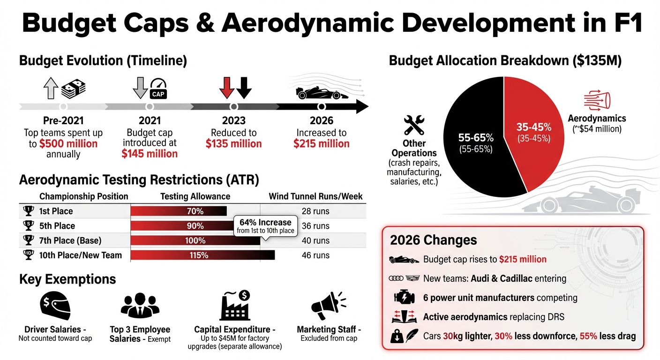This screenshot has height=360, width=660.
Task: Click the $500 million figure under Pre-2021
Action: click(68, 143)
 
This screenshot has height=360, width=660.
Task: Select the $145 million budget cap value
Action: click(150, 154)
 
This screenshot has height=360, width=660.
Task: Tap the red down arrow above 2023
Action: click(226, 87)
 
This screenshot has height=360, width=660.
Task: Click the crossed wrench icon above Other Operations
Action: click(414, 125)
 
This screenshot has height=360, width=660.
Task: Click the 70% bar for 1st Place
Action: click(179, 211)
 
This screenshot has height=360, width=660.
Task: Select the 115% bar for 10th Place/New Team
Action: click(202, 255)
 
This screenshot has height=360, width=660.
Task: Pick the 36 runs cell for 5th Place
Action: click(315, 226)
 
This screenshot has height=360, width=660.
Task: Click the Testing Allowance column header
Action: click(195, 196)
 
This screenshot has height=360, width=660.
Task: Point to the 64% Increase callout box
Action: click(265, 225)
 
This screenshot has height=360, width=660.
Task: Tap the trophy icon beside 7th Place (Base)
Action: click(29, 240)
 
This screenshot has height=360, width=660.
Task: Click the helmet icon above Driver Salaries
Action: click(55, 306)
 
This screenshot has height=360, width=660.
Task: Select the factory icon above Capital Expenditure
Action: click(234, 305)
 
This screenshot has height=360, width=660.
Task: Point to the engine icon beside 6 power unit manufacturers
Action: click(404, 298)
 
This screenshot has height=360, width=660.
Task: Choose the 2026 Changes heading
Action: click(433, 240)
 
